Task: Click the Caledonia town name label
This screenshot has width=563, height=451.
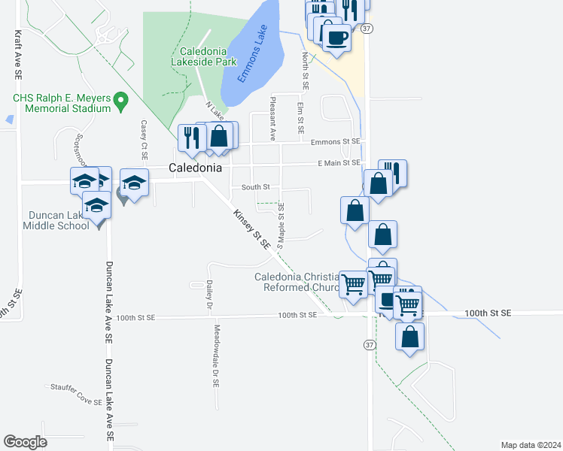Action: tap(195, 168)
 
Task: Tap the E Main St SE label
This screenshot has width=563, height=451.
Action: tap(328, 162)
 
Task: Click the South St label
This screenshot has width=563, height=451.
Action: tap(255, 186)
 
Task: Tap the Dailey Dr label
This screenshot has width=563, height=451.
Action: tap(208, 295)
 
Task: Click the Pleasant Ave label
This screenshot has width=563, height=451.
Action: tap(273, 119)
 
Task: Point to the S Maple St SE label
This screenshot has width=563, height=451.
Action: tap(280, 225)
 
